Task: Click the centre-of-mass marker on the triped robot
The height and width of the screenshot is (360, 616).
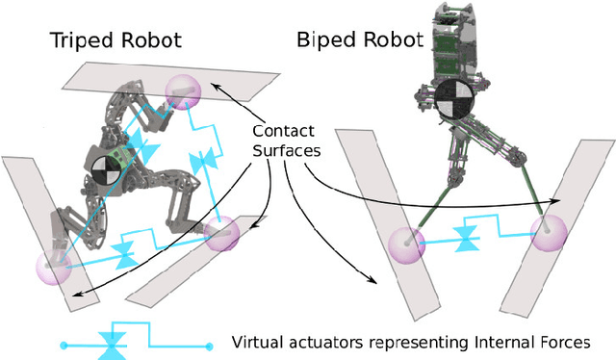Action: click(x=106, y=169)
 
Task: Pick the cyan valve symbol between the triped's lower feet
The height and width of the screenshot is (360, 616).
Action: click(x=124, y=254)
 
